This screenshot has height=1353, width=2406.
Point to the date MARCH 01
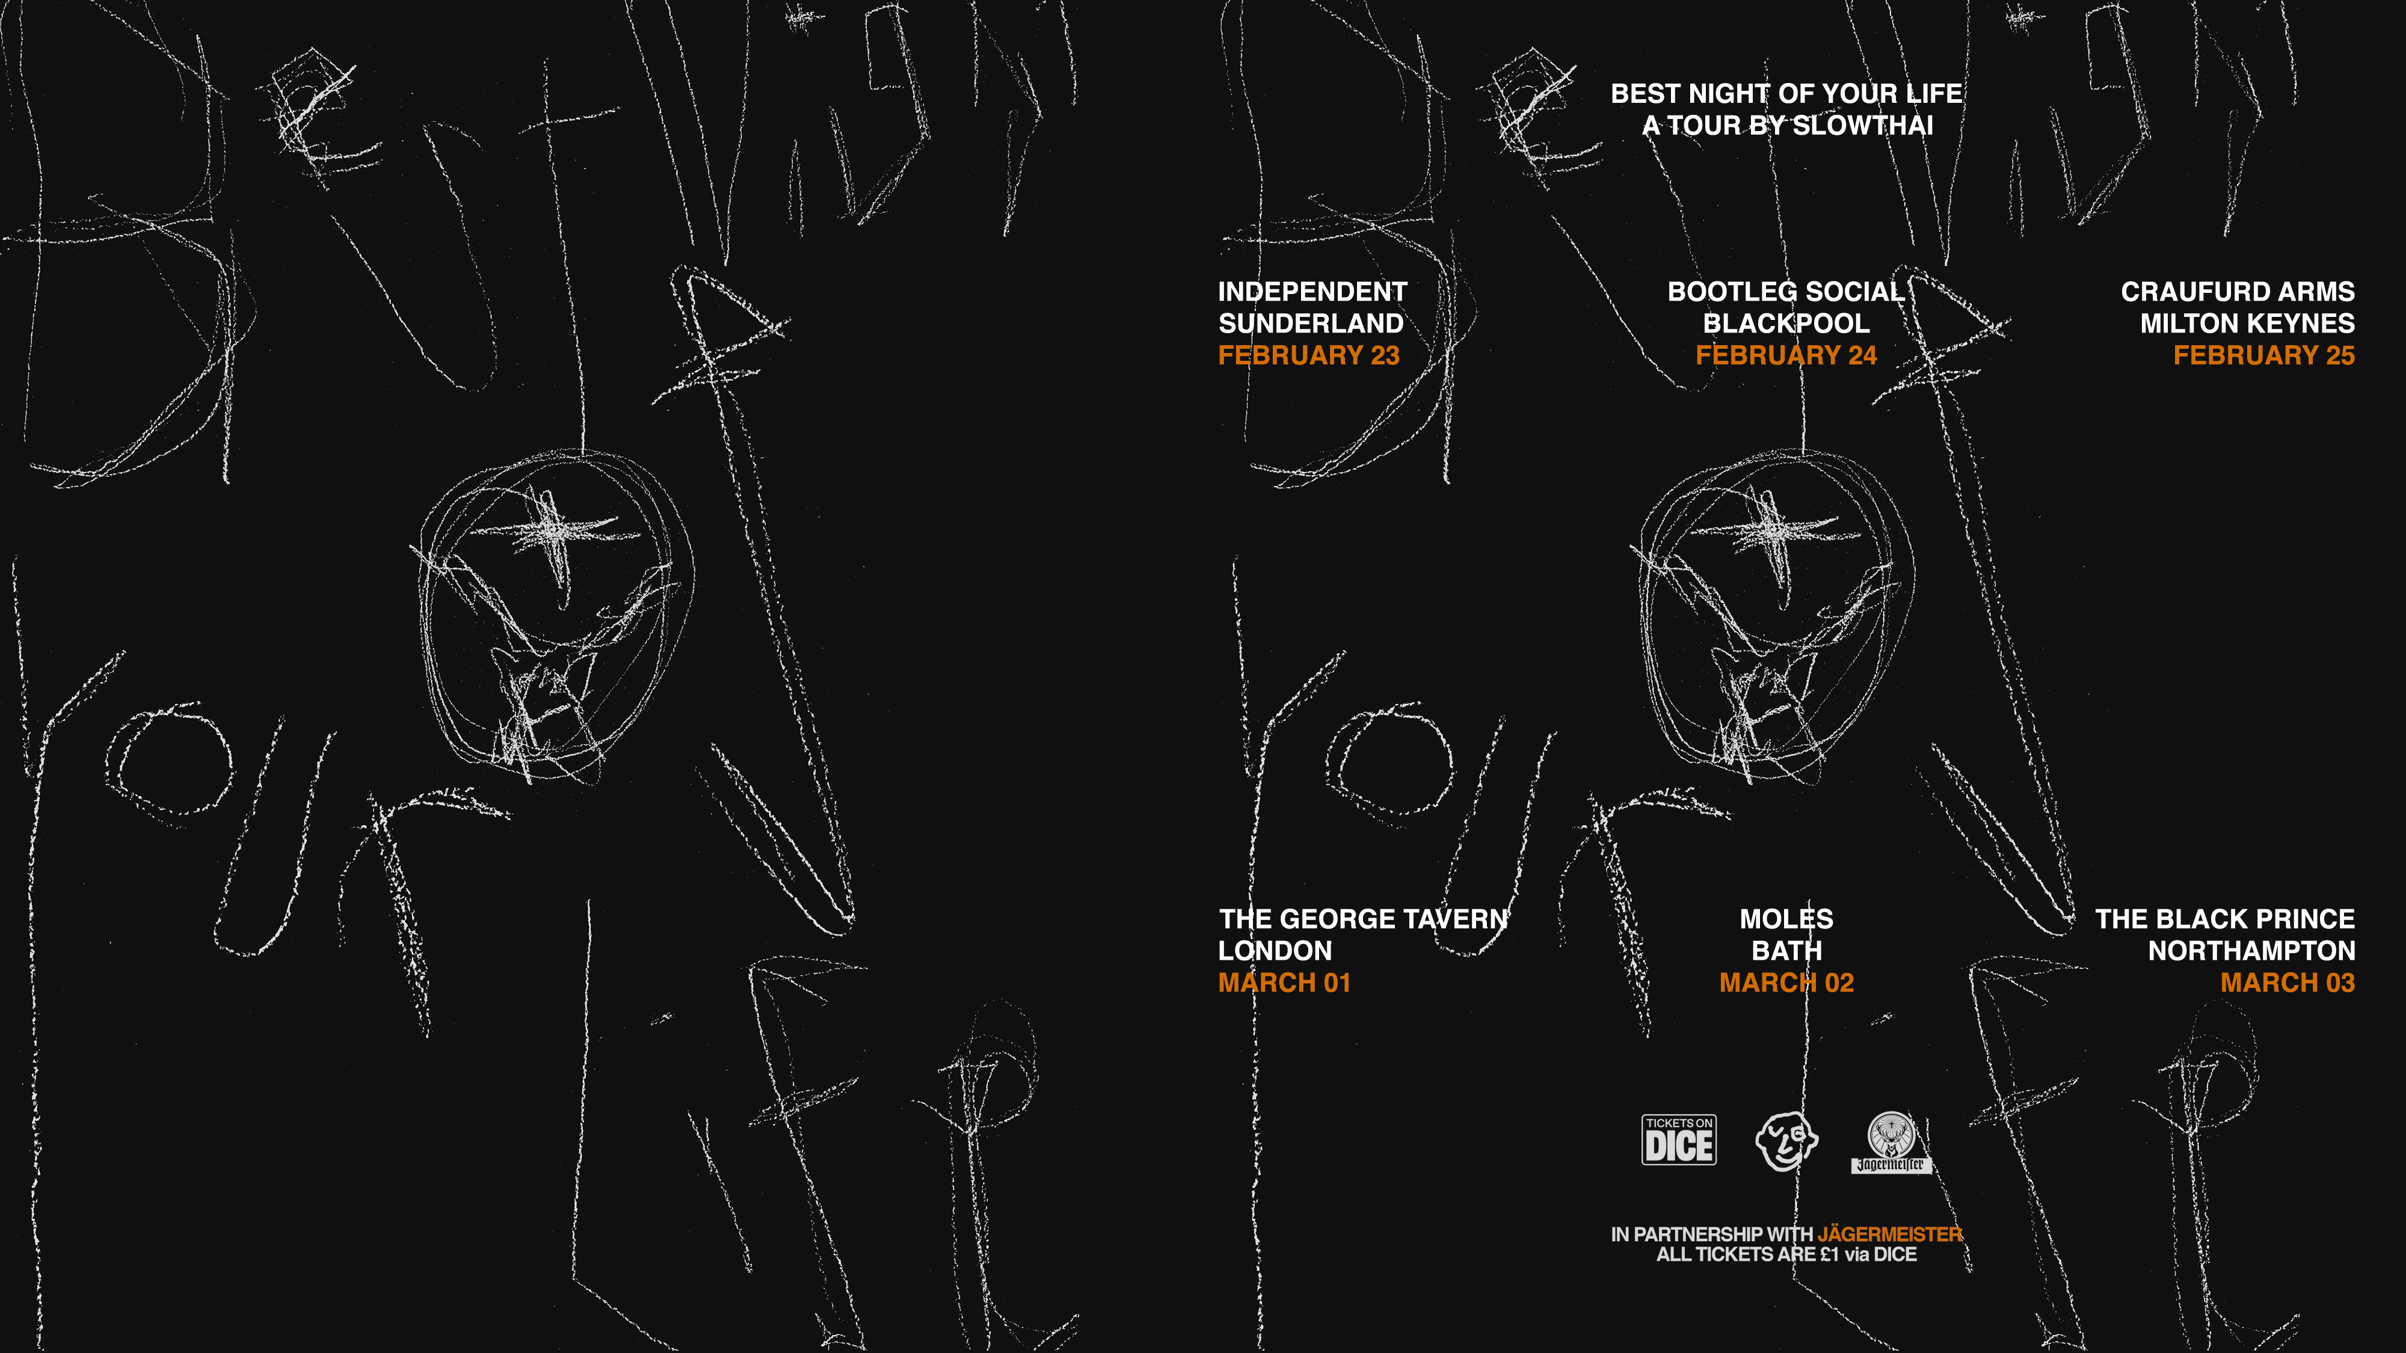pyautogui.click(x=1284, y=983)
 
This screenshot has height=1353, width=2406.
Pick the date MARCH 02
pyautogui.click(x=1786, y=983)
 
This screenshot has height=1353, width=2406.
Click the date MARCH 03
pyautogui.click(x=2288, y=983)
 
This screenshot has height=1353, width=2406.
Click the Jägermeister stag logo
pyautogui.click(x=1891, y=1142)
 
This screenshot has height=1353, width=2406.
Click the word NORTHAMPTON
pyautogui.click(x=2252, y=951)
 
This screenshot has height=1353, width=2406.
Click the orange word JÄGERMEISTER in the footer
pyautogui.click(x=1889, y=1235)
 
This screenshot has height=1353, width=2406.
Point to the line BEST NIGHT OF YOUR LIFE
pyautogui.click(x=1786, y=93)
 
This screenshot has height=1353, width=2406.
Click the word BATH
pyautogui.click(x=1786, y=951)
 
